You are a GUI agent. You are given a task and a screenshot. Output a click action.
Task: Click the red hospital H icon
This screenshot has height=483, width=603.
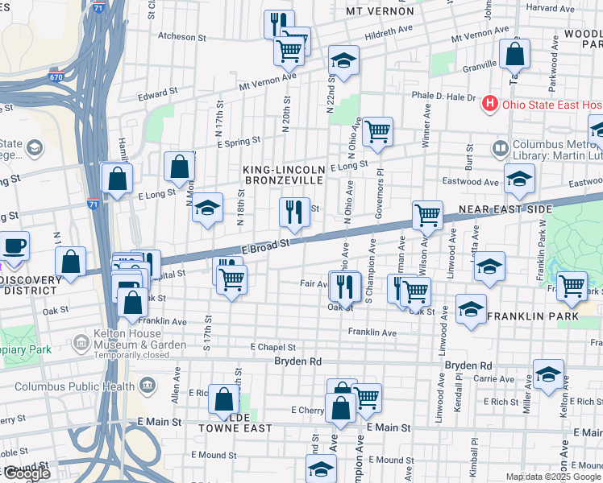coord(489,104)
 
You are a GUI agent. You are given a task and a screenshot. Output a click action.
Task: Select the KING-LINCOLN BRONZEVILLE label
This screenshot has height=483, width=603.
coord(285,176)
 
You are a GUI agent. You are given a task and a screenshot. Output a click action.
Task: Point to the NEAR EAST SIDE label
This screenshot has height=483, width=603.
coord(505,209)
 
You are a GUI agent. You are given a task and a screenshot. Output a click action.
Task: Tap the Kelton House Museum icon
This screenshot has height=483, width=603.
coord(81,345)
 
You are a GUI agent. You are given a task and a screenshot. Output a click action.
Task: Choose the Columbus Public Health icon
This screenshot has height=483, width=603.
coord(147,386)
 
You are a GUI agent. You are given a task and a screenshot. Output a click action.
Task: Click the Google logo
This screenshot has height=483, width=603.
coord(27,473)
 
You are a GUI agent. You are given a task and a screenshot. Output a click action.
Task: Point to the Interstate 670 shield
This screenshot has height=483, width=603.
coord(56,77)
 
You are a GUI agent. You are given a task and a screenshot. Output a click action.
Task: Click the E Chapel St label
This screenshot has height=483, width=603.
coord(274,347)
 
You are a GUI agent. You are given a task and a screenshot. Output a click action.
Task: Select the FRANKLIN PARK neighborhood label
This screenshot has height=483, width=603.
coord(533,316)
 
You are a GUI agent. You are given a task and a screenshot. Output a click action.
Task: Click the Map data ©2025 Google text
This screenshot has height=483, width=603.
coord(553,477)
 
